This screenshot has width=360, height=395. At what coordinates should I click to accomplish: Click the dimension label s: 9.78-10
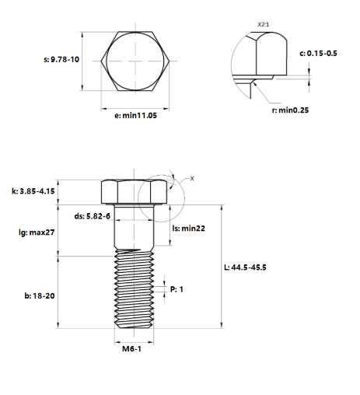pyautogui.click(x=61, y=60)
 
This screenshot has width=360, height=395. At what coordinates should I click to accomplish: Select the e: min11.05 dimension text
pyautogui.click(x=135, y=115)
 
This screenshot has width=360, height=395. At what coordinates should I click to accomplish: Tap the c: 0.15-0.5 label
pyautogui.click(x=318, y=54)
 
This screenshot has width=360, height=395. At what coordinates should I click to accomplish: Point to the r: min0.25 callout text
pyautogui.click(x=290, y=110)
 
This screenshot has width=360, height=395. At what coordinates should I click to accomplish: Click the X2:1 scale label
pyautogui.click(x=264, y=25)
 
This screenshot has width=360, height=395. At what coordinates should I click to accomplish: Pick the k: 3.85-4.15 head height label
pyautogui.click(x=33, y=191)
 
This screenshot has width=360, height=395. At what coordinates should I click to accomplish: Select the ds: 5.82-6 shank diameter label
pyautogui.click(x=93, y=216)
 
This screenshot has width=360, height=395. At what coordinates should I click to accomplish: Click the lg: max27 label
pyautogui.click(x=37, y=232)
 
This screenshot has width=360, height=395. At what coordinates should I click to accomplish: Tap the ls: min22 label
pyautogui.click(x=189, y=229)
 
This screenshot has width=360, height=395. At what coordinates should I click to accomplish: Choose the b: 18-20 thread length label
pyautogui.click(x=40, y=295)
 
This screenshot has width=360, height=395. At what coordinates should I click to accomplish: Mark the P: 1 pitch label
pyautogui.click(x=177, y=289)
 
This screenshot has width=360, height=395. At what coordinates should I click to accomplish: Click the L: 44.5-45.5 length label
pyautogui.click(x=245, y=267)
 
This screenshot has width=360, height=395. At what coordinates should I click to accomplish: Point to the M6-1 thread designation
pyautogui.click(x=131, y=349)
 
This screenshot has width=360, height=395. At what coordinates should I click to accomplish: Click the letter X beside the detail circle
pyautogui.click(x=192, y=179)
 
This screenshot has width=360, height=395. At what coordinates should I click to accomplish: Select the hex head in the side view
pyautogui.click(x=134, y=192)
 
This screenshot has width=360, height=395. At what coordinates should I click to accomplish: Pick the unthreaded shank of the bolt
pyautogui.click(x=134, y=226)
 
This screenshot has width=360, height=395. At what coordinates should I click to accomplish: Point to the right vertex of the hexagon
pyautogui.click(x=170, y=61)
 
